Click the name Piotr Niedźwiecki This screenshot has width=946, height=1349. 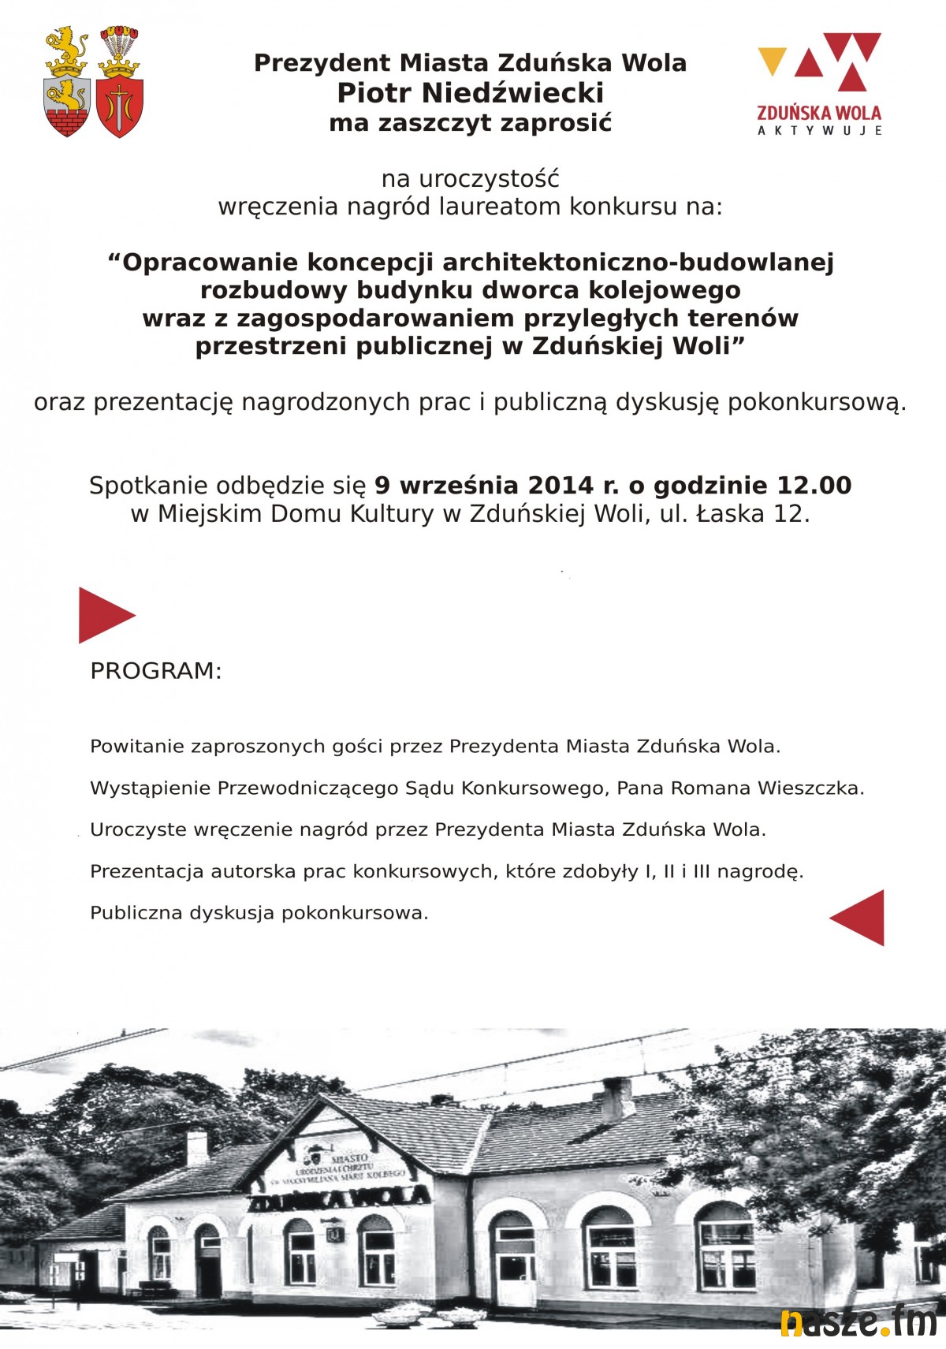471,93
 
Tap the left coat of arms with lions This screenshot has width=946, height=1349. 67,82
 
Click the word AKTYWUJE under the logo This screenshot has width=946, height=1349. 819,131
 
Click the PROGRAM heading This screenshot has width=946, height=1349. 156,671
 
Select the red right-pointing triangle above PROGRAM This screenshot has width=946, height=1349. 105,615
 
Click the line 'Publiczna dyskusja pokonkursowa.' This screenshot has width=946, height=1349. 259,913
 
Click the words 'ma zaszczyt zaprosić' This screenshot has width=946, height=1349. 471,123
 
